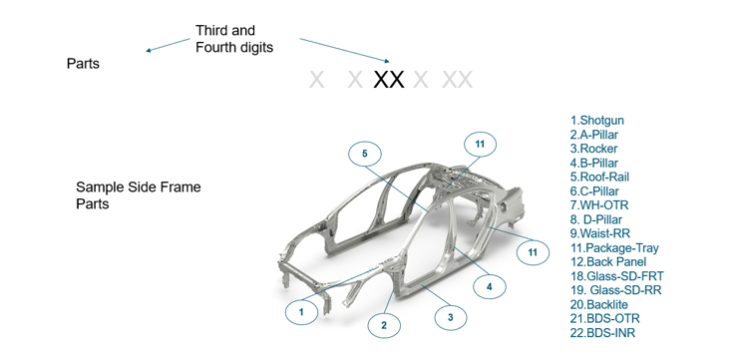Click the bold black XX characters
point(388,79)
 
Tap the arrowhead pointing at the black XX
point(387,61)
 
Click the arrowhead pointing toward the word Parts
point(149,50)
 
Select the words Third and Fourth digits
point(234,39)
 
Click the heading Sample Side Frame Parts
point(139,195)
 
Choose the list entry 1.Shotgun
point(597,121)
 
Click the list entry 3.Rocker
point(593,149)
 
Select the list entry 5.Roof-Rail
point(600,178)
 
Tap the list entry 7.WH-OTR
point(599,205)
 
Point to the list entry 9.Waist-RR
point(600,233)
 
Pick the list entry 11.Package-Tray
point(614,247)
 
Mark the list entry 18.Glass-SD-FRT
point(617,276)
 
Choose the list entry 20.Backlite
point(599,304)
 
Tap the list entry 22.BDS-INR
point(602,333)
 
